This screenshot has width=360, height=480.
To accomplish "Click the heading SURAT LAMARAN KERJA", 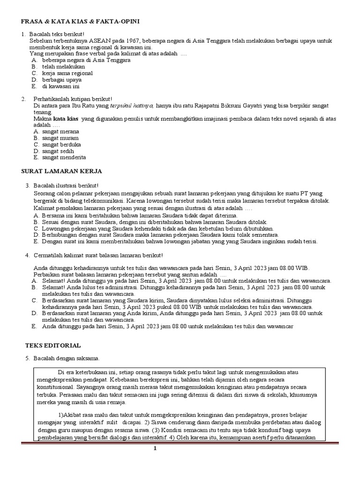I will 62,171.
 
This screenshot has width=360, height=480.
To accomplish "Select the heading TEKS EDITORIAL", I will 52,345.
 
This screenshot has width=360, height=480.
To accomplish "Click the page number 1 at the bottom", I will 155,449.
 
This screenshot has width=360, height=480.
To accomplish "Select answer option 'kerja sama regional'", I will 67,73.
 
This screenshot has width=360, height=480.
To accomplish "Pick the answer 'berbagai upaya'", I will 61,80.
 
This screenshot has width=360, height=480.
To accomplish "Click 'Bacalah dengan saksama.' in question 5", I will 66,359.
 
